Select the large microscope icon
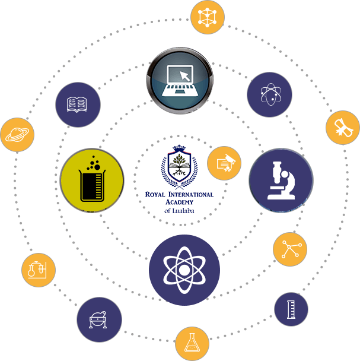281,180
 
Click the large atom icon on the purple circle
184,270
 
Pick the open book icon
78,104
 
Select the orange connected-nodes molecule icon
290,249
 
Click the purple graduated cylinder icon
291,309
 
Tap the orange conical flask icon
192,343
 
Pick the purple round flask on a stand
99,319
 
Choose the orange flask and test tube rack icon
39,270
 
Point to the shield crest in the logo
178,168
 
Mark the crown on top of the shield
178,149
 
